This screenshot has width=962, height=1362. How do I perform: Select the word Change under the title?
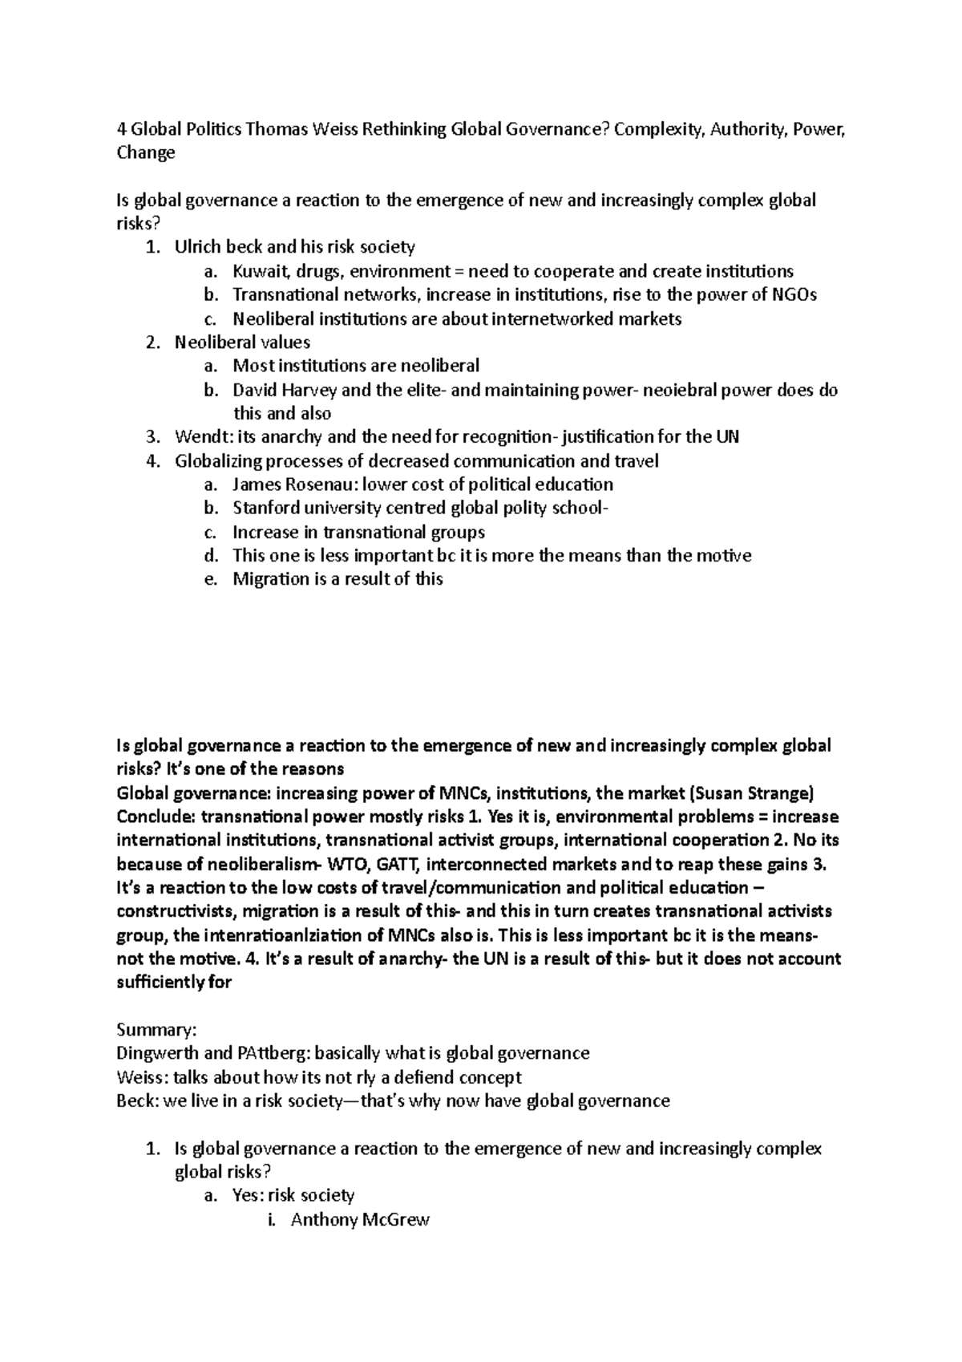click(x=146, y=153)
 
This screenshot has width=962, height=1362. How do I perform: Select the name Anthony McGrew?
click(x=360, y=1220)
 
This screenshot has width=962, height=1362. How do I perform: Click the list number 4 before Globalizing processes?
click(x=152, y=461)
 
